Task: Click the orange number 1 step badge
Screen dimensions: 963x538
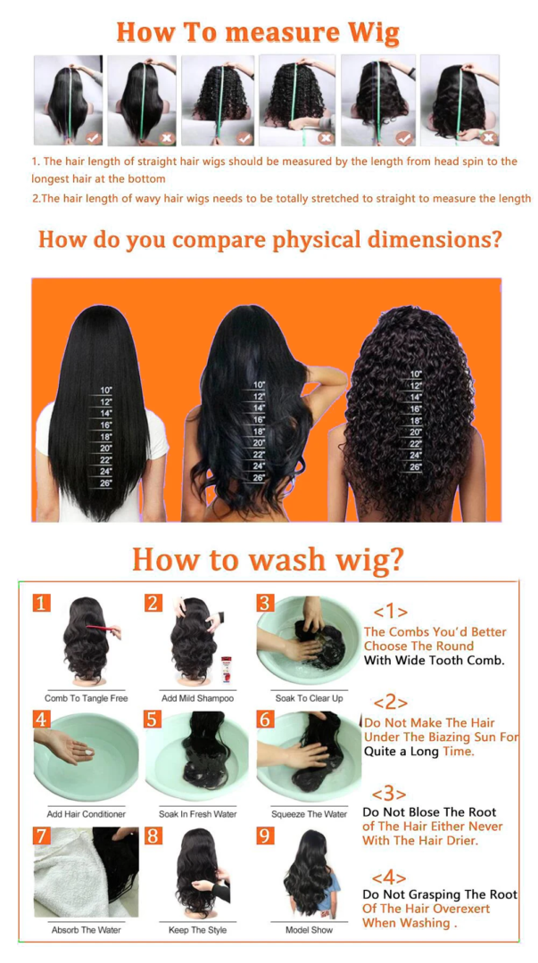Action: (x=42, y=604)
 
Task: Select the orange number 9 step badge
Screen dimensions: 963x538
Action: (x=264, y=835)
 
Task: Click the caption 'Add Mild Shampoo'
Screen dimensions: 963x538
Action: (x=197, y=698)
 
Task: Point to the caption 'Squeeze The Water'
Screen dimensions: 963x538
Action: (x=309, y=814)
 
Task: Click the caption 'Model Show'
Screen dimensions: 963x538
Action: (x=309, y=930)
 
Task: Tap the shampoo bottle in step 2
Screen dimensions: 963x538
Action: (x=227, y=668)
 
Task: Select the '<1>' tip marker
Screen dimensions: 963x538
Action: (x=391, y=612)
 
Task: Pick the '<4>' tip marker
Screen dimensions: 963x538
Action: (x=389, y=877)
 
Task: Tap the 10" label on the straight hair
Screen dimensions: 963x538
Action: (x=107, y=391)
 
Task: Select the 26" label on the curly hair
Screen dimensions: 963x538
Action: (x=416, y=466)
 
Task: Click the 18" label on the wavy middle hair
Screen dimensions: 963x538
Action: (x=259, y=431)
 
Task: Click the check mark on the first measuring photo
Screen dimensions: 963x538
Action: (x=93, y=138)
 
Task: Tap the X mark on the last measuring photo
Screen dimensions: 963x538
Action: (x=488, y=138)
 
